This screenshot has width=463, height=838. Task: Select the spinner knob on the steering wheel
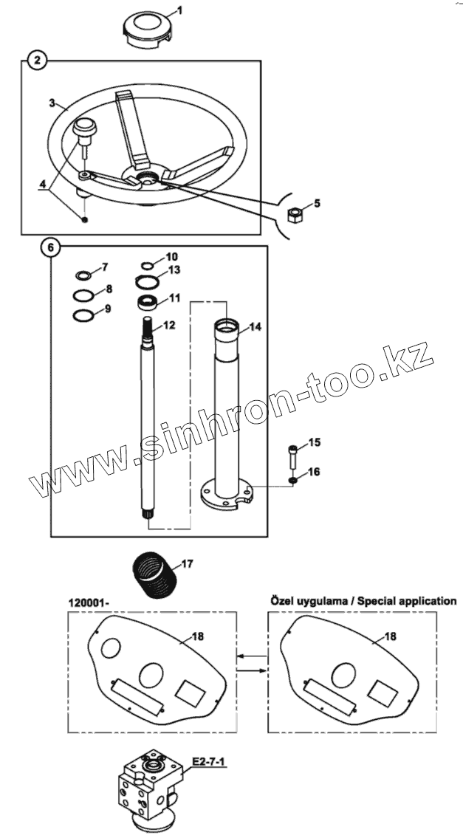pos(86,130)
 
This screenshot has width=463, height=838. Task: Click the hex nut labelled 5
pos(294,214)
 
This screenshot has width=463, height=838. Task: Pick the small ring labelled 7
pos(83,276)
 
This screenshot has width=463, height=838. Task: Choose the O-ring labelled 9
pos(83,316)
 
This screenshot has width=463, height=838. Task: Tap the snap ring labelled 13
pos(151,281)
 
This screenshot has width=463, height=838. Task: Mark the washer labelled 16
pos(295,481)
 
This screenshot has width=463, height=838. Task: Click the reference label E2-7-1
pos(208,760)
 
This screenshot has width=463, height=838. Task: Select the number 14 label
pos(255,326)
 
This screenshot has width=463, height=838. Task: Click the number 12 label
pos(170,325)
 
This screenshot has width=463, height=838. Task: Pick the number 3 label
pos(52,102)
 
